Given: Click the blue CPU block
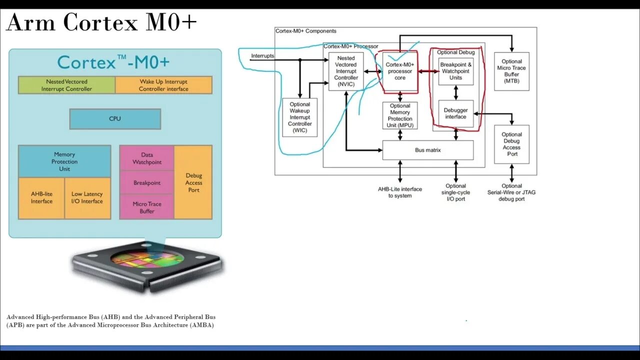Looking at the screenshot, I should coord(115,119).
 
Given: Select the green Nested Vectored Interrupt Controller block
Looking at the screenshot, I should coord(66,85).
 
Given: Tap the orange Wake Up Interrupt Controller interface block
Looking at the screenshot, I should coord(163,85).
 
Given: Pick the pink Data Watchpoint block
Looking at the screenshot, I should coord(147,158).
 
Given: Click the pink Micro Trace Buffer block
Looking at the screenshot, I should coord(147,207).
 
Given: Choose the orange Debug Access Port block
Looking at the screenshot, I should coord(193,182).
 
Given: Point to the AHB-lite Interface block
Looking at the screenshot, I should coord(41,198).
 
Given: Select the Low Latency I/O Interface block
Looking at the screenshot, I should coord(87,198).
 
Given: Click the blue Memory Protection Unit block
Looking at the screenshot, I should coord(64,161).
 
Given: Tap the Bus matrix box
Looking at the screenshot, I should coord(427,150).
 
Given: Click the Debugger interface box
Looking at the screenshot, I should coord(455,114).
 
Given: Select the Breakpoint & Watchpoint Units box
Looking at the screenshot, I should coord(455,71).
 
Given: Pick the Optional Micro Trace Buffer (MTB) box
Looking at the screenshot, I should coord(511,71).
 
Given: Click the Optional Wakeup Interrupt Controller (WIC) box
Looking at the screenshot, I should coord(299,117).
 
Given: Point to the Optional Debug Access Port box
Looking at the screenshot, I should coord(511,144).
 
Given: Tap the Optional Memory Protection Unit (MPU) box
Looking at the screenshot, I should coord(400,115).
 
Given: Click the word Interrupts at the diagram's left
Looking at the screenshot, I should coord(262,56).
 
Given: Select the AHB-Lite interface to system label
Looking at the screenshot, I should coord(400,192).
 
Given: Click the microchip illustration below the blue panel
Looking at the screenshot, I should coord(147,265).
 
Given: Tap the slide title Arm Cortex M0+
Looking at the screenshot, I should coord(101,23).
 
